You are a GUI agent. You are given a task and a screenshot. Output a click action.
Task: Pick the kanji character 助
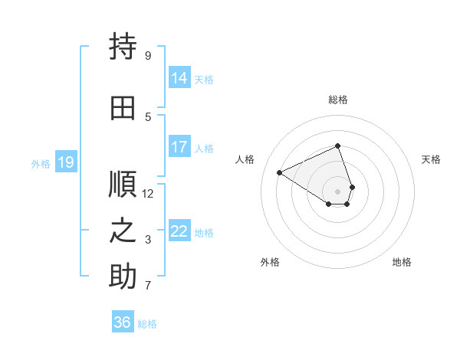pos(123,277)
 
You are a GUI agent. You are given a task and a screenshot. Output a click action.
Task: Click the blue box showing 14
pos(179,77)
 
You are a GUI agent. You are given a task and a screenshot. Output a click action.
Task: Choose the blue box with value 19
pos(66,162)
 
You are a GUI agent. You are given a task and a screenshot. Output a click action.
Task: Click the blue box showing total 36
pos(123,322)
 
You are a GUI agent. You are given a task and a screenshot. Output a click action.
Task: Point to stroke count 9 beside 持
pos(148,56)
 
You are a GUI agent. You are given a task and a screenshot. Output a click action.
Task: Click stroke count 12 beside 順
pos(148,193)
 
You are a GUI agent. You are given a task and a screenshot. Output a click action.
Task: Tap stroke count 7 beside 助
pos(148,286)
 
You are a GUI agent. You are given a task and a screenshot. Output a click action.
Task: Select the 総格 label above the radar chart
pos(338,100)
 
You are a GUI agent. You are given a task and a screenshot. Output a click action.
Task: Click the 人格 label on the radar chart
pos(245,159)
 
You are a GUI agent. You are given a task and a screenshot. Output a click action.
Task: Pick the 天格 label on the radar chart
pos(432,159)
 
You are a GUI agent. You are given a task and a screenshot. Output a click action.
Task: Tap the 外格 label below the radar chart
pos(270,262)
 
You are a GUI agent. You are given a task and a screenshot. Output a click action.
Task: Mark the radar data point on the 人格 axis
pos(280,172)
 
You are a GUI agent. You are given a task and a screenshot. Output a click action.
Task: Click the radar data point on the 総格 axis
pos(338,146)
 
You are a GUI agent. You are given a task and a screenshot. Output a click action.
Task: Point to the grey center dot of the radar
pos(338,191)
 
